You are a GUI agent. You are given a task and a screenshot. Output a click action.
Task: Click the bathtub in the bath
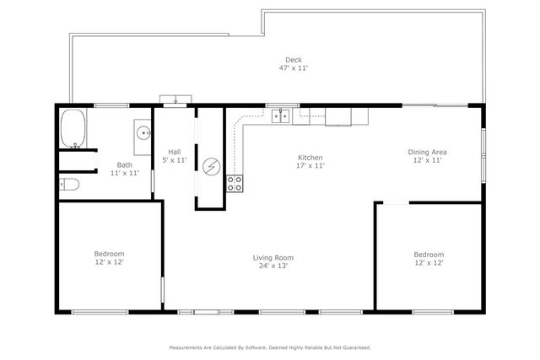(x=73, y=128)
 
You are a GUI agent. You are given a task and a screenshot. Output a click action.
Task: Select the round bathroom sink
(x=143, y=132)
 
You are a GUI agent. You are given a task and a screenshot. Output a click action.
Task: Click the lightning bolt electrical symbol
(x=210, y=165)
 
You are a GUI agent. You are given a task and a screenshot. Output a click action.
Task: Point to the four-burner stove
(x=235, y=180)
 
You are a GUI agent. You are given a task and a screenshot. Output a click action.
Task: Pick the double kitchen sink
(x=279, y=116)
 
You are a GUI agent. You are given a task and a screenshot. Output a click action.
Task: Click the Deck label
(x=293, y=59)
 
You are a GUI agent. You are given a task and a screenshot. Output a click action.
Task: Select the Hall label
(x=175, y=152)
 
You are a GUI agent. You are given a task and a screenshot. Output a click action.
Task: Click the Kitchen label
(x=310, y=158)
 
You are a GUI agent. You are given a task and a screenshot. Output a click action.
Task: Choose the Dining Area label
(x=428, y=152)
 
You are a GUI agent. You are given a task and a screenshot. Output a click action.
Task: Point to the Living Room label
(x=273, y=257)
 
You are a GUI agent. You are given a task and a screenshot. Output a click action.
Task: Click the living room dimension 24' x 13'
(x=273, y=266)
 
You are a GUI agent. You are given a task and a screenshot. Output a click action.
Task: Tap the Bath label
(x=124, y=165)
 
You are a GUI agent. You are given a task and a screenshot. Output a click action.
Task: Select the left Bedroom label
(x=109, y=254)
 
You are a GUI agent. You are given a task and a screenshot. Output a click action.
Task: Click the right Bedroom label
(x=428, y=254)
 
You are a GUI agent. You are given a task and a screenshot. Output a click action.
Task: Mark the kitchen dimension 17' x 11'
(x=310, y=166)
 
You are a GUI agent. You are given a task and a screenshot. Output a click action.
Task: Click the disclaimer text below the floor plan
(x=270, y=347)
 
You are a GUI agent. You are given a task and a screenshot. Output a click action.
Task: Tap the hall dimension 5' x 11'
(x=175, y=160)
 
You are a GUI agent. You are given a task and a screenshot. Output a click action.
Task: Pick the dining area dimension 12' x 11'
(x=428, y=160)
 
